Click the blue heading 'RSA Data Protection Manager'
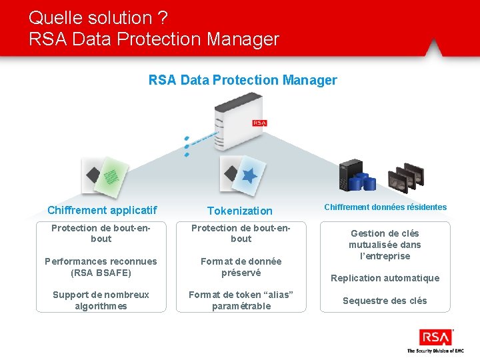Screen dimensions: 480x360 click(x=243, y=80)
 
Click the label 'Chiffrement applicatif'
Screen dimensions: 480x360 click(x=102, y=210)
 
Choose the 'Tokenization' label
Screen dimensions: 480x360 click(x=240, y=211)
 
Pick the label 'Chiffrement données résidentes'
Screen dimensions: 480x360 click(x=385, y=207)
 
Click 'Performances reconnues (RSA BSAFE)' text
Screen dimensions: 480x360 click(x=101, y=267)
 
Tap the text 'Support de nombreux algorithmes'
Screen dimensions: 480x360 click(x=101, y=300)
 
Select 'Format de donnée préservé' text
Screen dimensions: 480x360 click(x=241, y=267)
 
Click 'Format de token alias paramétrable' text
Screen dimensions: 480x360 click(x=241, y=300)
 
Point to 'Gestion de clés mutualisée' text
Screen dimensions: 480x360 click(x=385, y=245)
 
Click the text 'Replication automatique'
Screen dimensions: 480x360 click(x=385, y=278)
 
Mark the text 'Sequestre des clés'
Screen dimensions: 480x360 click(x=385, y=301)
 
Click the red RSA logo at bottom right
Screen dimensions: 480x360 click(x=435, y=337)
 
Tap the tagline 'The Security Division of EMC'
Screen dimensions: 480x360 click(x=435, y=351)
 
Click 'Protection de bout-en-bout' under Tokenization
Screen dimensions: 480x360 click(x=241, y=233)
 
